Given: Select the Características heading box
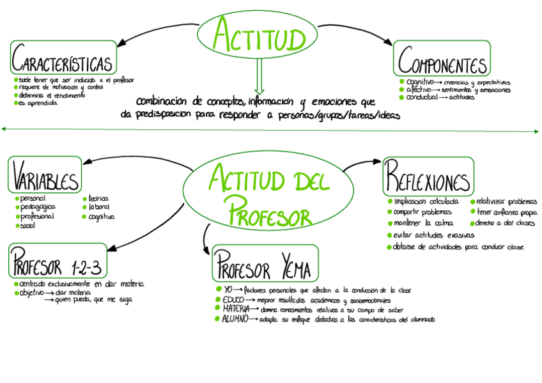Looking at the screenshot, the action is (x=64, y=59).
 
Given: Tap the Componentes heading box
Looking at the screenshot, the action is (x=442, y=59).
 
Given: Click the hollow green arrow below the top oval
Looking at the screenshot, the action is (x=259, y=77).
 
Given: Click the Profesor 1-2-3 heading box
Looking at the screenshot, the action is (x=58, y=261).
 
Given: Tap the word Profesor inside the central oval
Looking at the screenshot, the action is (x=270, y=209).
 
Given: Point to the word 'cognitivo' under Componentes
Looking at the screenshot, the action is (x=420, y=82).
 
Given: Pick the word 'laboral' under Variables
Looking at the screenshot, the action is (x=99, y=208).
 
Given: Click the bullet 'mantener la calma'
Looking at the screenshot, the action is (x=422, y=223).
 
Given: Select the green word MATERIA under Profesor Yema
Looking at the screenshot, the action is (x=235, y=309).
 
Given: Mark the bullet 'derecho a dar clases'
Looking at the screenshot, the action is (x=506, y=223).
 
